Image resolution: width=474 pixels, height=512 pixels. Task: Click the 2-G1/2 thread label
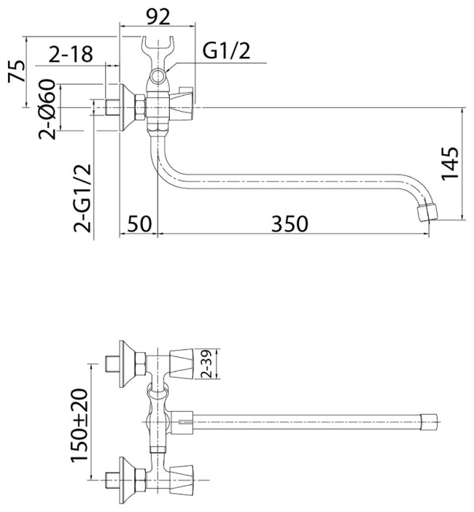point(82,197)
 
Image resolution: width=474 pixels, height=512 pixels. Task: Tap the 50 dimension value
point(138,223)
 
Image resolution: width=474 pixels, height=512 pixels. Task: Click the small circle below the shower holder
point(159,76)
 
